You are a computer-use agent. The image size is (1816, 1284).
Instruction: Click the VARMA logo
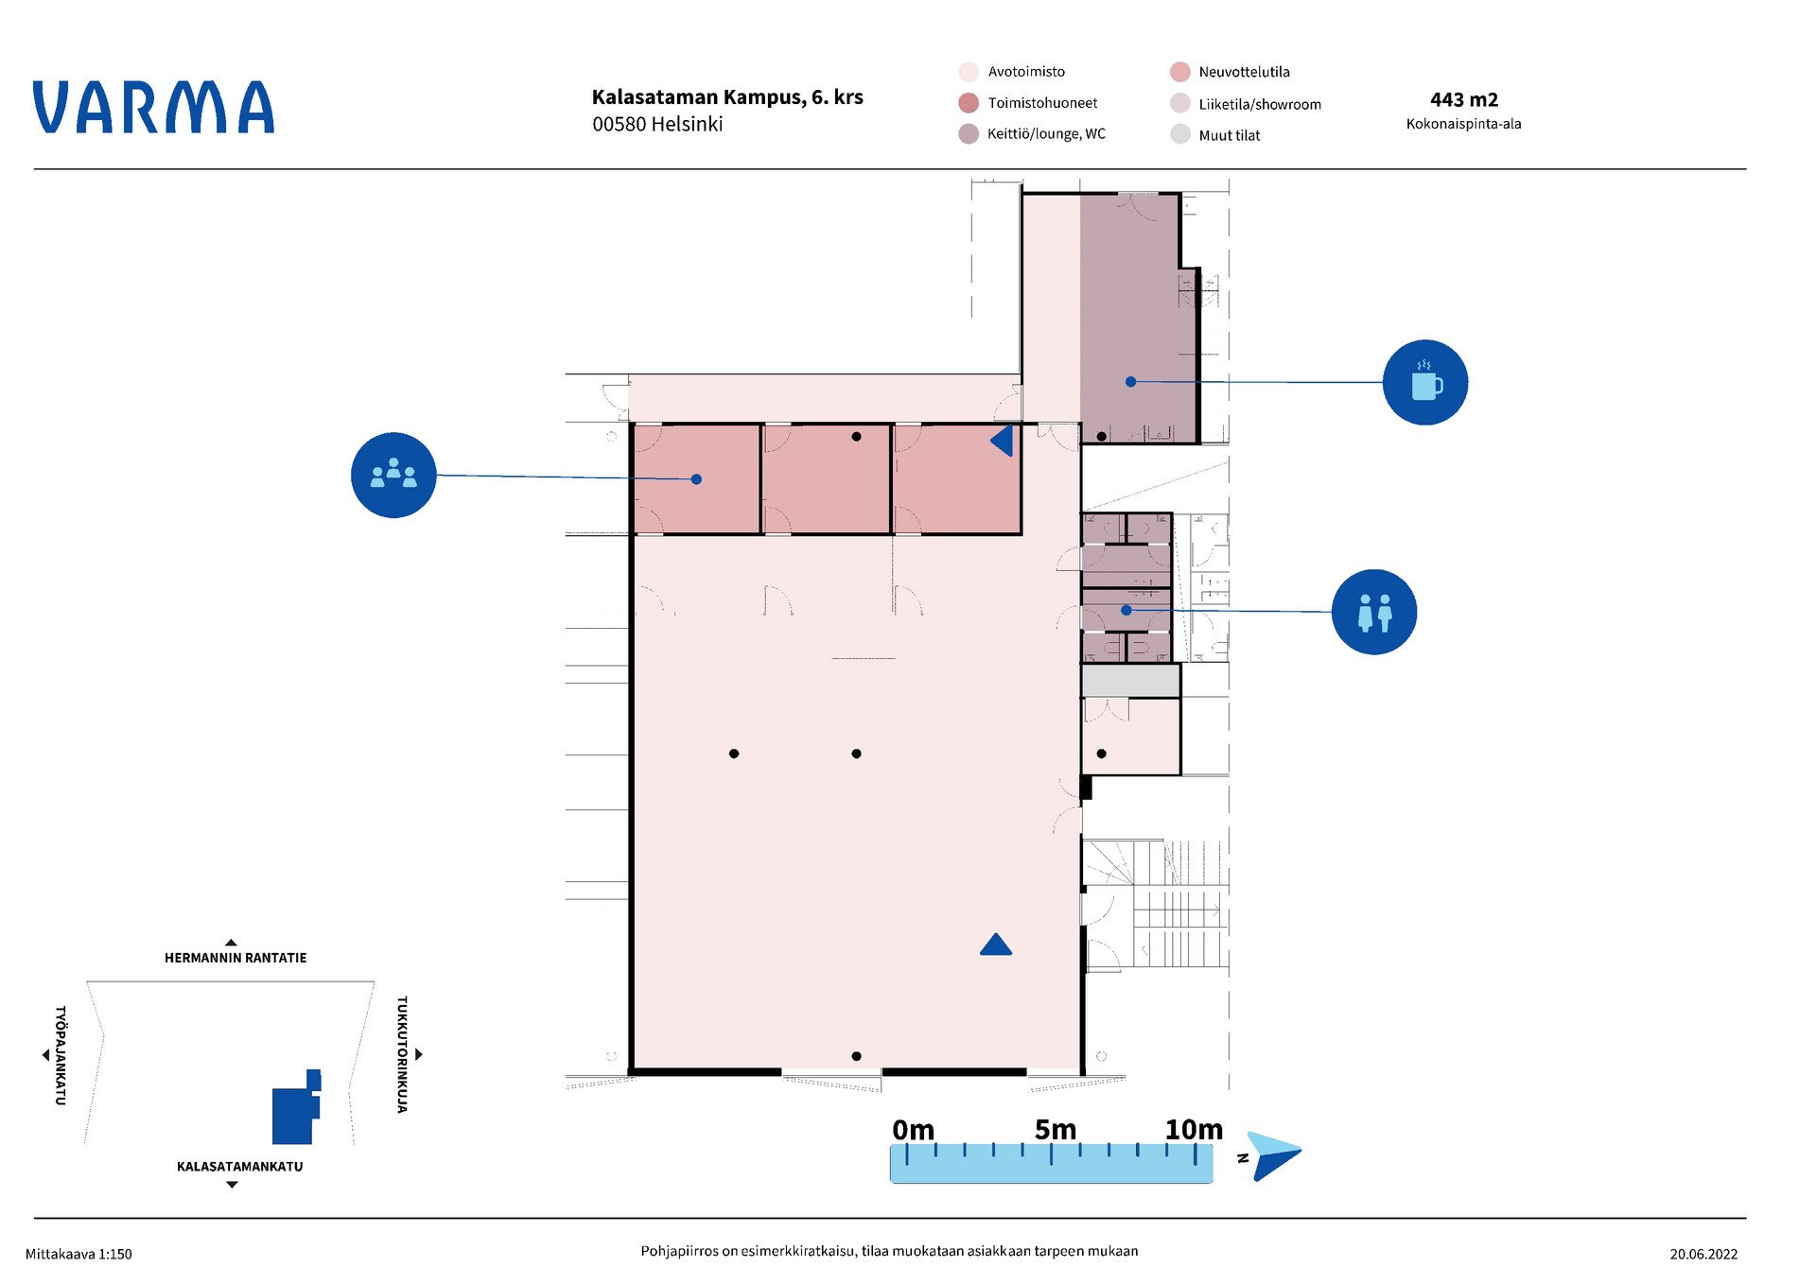coord(154,107)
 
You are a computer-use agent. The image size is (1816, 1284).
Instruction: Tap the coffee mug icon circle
coord(1424,382)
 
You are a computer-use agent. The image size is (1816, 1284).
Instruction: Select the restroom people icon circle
coord(1373,612)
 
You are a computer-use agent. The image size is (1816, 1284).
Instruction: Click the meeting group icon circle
coord(393,475)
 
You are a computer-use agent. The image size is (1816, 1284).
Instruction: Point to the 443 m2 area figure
coord(1463,99)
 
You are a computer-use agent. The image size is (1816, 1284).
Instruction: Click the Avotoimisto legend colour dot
coord(968,72)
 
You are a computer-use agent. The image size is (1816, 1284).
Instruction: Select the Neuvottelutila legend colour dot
coord(1179,72)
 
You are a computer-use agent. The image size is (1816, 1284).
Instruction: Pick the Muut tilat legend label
coord(1230,135)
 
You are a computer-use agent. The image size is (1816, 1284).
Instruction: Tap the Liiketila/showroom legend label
coord(1260,104)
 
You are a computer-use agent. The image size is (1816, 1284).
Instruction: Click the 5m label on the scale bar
coord(1055,1129)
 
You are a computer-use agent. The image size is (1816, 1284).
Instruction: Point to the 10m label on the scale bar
coord(1194,1129)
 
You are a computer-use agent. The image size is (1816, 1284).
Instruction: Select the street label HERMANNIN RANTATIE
coord(236,958)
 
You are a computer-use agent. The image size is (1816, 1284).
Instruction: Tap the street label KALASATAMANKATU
coord(240,1167)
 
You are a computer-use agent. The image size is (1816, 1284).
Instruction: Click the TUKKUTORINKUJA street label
coord(402,1054)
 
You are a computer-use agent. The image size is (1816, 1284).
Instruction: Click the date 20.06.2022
coord(1703,1254)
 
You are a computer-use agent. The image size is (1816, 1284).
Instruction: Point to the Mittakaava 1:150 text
coord(79,1254)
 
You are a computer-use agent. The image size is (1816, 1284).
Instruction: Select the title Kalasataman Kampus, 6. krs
coord(727,96)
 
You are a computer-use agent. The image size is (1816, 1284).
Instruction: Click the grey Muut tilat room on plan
coord(1130,680)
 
